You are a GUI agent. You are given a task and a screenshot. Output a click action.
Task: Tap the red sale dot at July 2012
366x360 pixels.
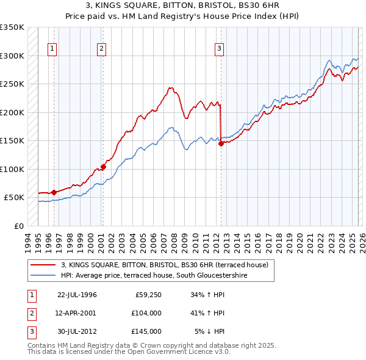[x=221, y=143]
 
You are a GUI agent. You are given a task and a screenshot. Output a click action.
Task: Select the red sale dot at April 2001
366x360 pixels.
[x=104, y=167]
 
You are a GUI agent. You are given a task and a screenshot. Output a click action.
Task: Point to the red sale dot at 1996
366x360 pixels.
[x=54, y=192]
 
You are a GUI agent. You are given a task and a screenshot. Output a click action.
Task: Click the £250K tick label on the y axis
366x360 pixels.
[x=12, y=84]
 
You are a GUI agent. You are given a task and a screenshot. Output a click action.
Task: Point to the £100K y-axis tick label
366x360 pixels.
[x=12, y=169]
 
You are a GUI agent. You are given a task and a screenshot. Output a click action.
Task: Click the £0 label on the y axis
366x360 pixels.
[x=18, y=226]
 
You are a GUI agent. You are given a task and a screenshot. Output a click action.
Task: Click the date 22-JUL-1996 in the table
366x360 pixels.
[x=77, y=295]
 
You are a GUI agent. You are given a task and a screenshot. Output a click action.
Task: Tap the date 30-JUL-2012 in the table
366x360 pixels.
[x=77, y=331]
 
